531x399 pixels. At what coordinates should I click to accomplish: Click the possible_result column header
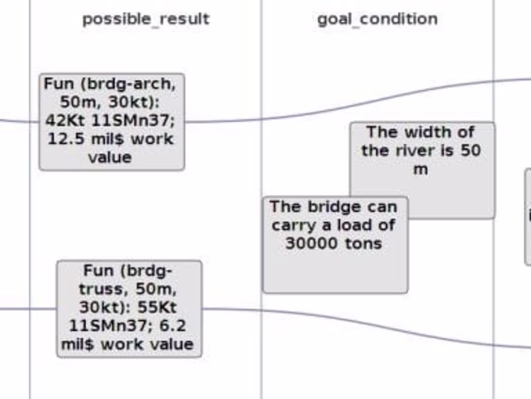click(146, 19)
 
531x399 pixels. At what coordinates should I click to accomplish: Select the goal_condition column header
click(377, 19)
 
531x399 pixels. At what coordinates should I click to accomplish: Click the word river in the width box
click(414, 150)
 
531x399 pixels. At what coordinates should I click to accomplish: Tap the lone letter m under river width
click(420, 169)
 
